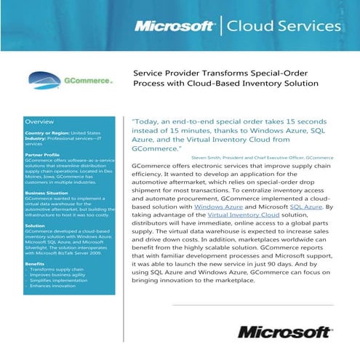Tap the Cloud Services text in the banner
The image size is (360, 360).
click(x=284, y=26)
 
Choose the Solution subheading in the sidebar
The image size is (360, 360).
click(x=35, y=225)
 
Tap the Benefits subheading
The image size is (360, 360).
click(x=35, y=263)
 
